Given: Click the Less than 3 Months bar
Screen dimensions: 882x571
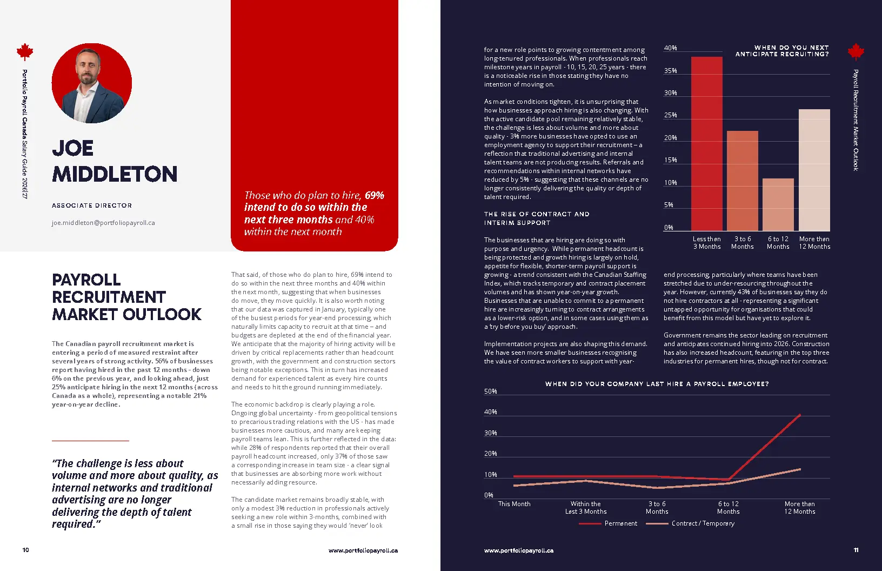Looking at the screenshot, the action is click(707, 144).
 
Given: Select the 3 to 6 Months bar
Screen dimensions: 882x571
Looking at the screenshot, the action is click(743, 181).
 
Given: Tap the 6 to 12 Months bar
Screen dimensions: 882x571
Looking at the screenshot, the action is click(778, 204).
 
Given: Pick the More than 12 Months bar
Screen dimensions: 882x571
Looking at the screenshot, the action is click(814, 170).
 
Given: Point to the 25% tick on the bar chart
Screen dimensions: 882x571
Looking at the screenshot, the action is click(671, 115).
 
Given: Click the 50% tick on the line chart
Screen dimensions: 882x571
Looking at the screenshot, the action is click(491, 391).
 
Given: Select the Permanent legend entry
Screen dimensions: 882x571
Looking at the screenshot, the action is click(609, 523).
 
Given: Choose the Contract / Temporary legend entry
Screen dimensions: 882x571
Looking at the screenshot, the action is click(690, 523).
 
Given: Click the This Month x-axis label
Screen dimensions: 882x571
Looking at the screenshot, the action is click(514, 503).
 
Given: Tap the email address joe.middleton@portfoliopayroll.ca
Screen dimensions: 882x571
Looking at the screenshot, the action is click(103, 223).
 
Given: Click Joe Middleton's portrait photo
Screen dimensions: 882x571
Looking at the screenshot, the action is click(92, 83).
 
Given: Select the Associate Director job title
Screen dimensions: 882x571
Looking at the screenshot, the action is click(92, 205).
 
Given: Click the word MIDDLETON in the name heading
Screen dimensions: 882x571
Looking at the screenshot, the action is click(115, 174).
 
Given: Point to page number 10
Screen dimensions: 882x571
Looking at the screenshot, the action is click(25, 550).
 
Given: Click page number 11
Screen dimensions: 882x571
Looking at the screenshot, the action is click(856, 550).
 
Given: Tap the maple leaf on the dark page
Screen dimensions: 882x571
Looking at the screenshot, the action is click(856, 51).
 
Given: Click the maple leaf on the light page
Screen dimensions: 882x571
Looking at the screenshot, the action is click(25, 51).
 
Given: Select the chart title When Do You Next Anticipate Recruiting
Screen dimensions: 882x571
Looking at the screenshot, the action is click(782, 51).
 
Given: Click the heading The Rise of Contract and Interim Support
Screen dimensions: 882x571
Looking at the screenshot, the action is click(537, 218).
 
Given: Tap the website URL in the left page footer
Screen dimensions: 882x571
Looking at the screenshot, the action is click(363, 550).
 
